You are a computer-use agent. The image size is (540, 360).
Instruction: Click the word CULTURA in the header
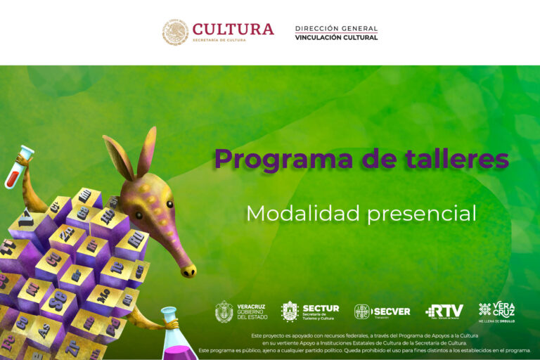tap(233, 29)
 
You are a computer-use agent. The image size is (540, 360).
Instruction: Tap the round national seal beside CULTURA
tap(175, 32)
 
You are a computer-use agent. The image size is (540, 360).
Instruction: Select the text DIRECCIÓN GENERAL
tap(336, 29)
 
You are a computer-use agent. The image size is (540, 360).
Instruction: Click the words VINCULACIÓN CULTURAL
tap(336, 37)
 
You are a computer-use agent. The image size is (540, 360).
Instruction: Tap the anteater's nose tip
tap(188, 271)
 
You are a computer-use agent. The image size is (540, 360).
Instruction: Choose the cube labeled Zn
tap(66, 234)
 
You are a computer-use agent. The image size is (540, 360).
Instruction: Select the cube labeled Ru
tap(135, 239)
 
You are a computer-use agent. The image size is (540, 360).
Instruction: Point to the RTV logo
tap(444, 311)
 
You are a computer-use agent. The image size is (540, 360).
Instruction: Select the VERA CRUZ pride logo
tap(496, 311)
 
